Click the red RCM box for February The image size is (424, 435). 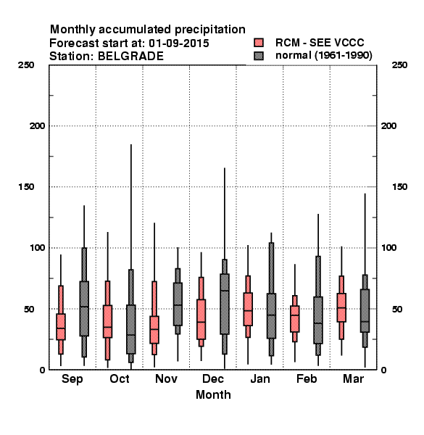pos(294,319)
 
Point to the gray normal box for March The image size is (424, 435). pos(365,310)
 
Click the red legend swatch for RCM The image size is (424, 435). pos(259,43)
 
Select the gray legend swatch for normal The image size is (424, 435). pos(259,56)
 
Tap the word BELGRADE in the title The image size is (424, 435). pos(130,57)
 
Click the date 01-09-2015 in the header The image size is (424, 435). pos(179,43)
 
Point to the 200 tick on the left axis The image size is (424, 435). pos(38,126)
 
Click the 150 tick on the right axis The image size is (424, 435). pos(399,187)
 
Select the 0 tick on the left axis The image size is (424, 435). pos(42,370)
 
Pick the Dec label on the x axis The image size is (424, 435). pos(213,378)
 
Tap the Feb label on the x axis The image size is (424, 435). pos(307,378)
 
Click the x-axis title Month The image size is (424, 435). pos(213,394)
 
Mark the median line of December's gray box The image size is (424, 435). pos(225,291)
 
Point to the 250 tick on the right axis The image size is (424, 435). pos(399,65)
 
